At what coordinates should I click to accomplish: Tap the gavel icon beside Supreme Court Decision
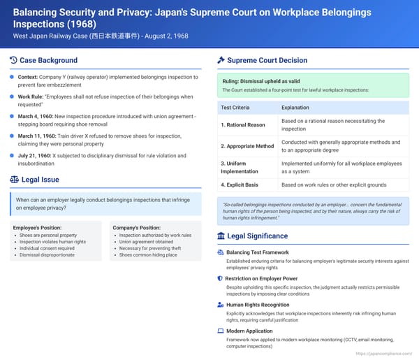221,60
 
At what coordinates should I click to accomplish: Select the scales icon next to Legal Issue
15,179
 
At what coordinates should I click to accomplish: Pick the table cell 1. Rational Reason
243,125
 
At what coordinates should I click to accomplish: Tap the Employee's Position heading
38,228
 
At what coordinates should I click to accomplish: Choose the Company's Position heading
136,228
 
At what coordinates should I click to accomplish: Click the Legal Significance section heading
258,236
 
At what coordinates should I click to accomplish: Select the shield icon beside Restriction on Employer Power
221,278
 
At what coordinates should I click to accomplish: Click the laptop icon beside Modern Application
221,330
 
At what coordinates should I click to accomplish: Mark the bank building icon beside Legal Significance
221,236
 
